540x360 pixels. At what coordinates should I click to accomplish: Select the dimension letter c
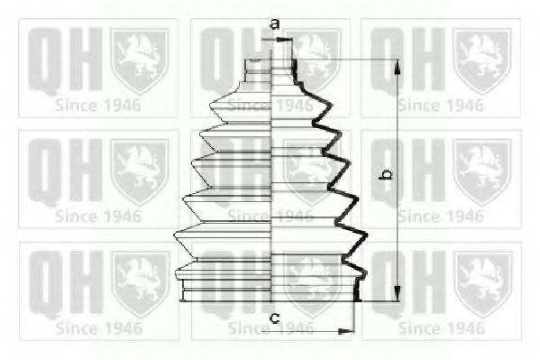click(274, 318)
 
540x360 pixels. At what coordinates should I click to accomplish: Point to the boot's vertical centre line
click(273, 180)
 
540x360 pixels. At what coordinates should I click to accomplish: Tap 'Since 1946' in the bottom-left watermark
click(97, 328)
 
